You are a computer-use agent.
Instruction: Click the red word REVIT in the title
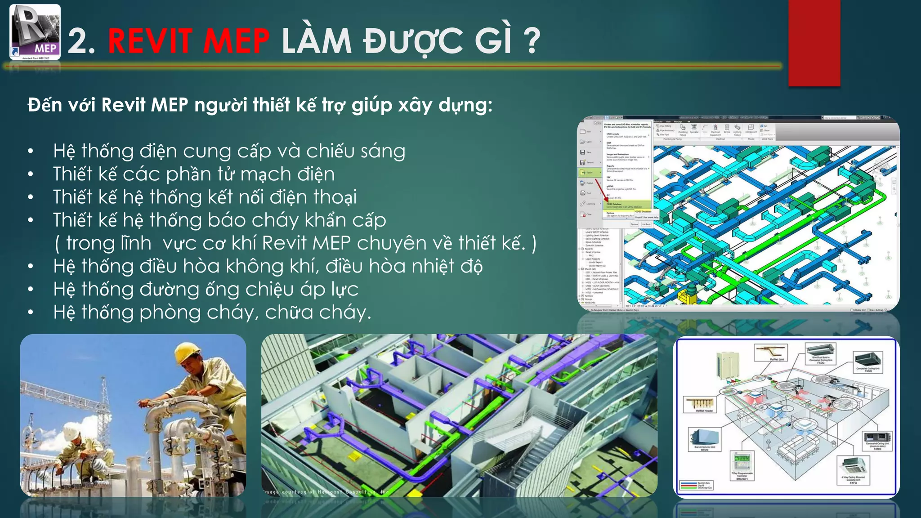pos(150,41)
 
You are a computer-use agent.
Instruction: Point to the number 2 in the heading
pos(78,42)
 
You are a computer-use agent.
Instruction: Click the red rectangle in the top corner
pos(814,43)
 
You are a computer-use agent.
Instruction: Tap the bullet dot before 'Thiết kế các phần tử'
pos(30,174)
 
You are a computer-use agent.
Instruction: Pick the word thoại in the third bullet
pos(335,197)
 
